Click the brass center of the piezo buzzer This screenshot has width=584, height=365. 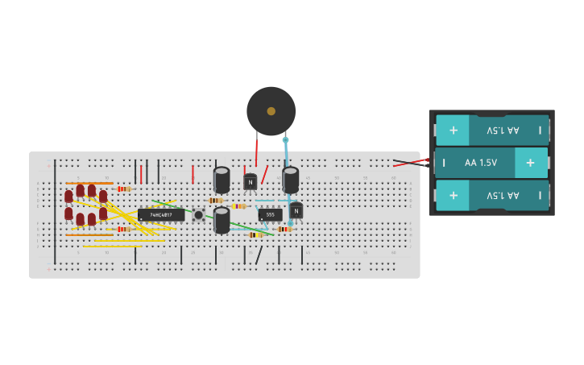[x=271, y=111]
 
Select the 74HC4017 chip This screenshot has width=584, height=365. [x=161, y=215]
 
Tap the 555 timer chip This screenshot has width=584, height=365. [x=270, y=214]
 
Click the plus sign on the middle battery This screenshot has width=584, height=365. [x=530, y=163]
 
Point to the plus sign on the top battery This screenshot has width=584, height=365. [x=453, y=130]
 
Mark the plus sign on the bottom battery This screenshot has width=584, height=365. [x=453, y=195]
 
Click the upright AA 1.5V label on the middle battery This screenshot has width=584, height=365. [x=481, y=163]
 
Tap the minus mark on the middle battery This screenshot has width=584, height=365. [x=443, y=163]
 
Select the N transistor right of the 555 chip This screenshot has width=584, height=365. [x=296, y=211]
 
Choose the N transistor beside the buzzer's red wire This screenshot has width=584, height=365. [x=251, y=182]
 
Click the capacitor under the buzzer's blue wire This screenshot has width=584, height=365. [x=291, y=179]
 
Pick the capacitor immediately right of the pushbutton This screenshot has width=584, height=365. [x=222, y=220]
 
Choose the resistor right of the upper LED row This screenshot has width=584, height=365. [x=123, y=189]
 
